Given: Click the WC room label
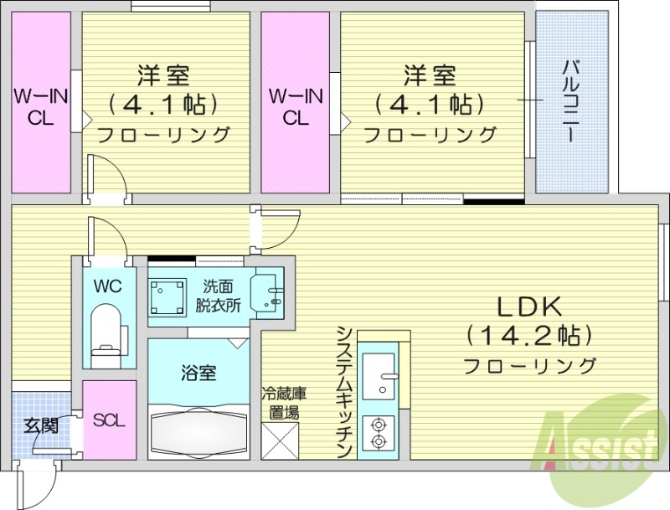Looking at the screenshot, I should tap(108, 286).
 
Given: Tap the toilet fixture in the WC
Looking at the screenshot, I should tap(107, 332).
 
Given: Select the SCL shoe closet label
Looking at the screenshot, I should tap(109, 420).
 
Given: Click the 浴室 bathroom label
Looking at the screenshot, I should tap(198, 373).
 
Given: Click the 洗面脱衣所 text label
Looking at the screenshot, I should tap(219, 296).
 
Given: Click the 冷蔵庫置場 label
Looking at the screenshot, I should tap(280, 403).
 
